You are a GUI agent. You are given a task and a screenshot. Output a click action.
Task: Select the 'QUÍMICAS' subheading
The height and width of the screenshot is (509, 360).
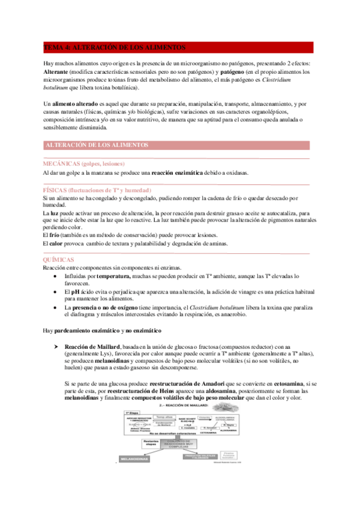click(x=58, y=259)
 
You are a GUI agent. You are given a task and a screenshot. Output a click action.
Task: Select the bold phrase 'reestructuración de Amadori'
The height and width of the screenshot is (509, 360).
click(x=190, y=383)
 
